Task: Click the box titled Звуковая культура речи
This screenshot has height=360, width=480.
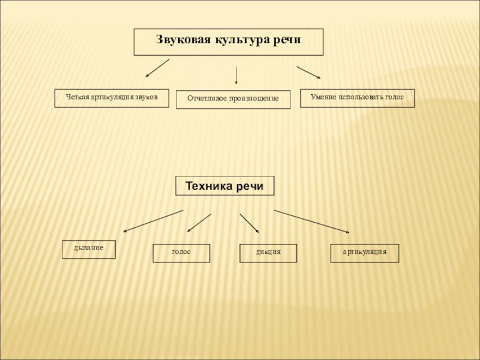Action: pyautogui.click(x=228, y=42)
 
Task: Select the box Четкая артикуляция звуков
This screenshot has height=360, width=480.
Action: pyautogui.click(x=112, y=98)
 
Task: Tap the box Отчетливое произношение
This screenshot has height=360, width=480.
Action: pyautogui.click(x=233, y=100)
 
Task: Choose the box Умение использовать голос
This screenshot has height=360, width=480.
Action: pyautogui.click(x=357, y=98)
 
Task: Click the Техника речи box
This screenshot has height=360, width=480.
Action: pyautogui.click(x=224, y=186)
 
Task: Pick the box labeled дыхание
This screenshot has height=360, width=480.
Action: pyautogui.click(x=89, y=249)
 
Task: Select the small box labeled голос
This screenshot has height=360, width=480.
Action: pyautogui.click(x=181, y=253)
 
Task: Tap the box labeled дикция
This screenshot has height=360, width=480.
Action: pyautogui.click(x=268, y=253)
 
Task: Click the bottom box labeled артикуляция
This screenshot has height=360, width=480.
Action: pyautogui.click(x=365, y=253)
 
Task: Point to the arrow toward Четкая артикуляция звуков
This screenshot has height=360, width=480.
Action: pyautogui.click(x=158, y=68)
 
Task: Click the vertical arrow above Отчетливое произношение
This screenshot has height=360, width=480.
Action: pyautogui.click(x=236, y=74)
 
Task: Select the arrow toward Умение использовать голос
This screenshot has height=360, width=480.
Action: pyautogui.click(x=308, y=73)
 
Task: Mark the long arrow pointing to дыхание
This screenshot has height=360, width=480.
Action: pyautogui.click(x=153, y=221)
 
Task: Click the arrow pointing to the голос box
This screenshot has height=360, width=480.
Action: pyautogui.click(x=199, y=223)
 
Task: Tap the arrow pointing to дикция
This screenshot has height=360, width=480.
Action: pyautogui.click(x=249, y=223)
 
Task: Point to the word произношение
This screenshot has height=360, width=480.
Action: pyautogui.click(x=256, y=98)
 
